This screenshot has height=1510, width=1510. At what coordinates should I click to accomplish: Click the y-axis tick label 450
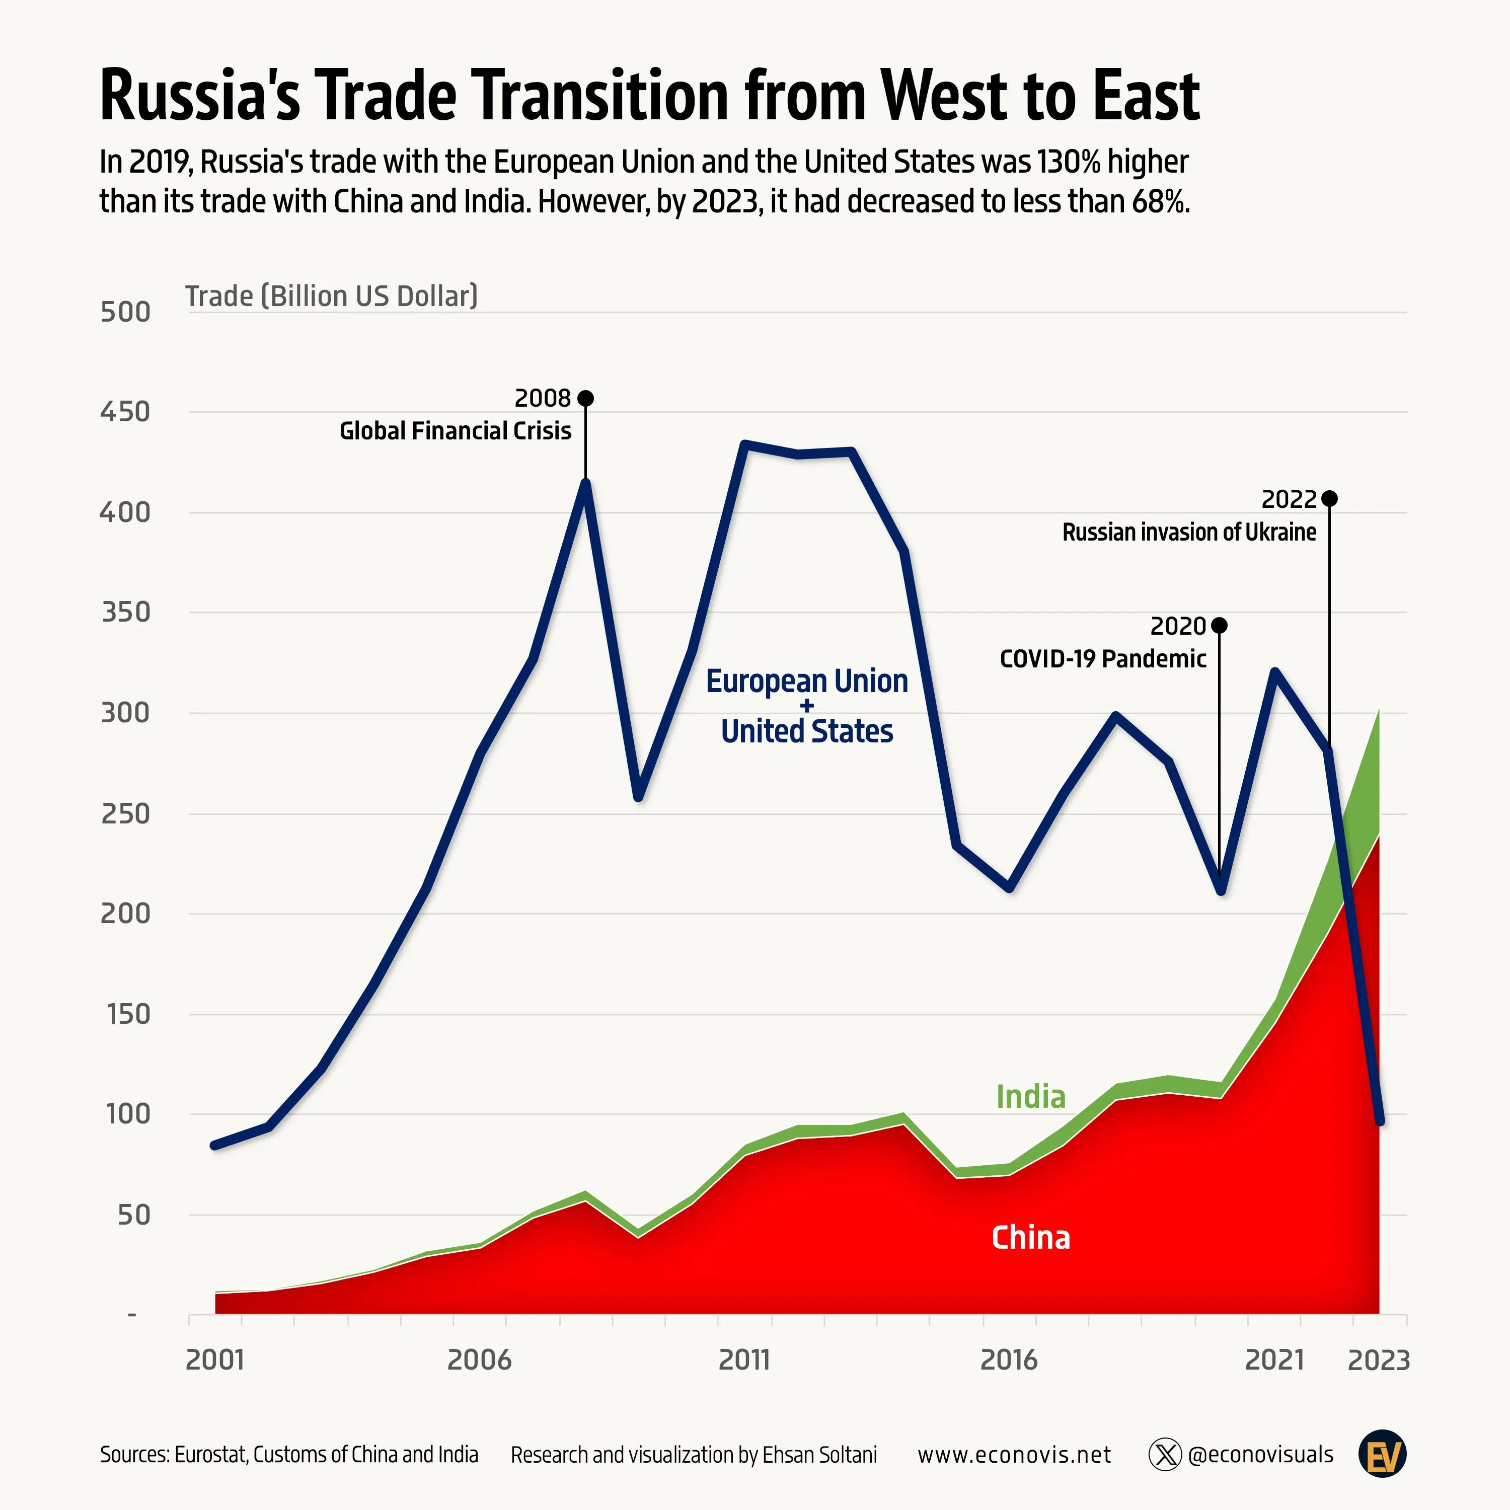tap(125, 412)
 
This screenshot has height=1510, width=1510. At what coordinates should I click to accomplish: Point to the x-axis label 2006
tap(479, 1360)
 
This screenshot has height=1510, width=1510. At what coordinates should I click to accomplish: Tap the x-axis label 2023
tap(1379, 1360)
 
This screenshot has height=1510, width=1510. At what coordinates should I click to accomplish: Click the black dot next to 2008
tap(585, 399)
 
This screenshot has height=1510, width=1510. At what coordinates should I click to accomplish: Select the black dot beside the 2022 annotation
tap(1329, 499)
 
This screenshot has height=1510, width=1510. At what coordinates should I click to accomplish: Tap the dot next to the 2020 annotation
tap(1219, 625)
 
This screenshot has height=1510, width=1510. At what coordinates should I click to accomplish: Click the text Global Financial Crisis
tap(455, 431)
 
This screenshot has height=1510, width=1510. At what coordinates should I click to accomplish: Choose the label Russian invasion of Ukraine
tap(1189, 532)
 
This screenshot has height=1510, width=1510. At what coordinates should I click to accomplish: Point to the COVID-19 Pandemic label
tap(1103, 659)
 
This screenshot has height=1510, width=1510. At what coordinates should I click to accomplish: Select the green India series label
tap(1030, 1097)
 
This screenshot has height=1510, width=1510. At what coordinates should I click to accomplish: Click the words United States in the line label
tap(806, 731)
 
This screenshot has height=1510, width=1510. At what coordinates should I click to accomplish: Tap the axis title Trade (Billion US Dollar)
tap(331, 296)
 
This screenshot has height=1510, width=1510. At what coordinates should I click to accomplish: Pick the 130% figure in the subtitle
tap(1069, 162)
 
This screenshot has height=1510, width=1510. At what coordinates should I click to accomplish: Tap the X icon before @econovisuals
tap(1165, 1455)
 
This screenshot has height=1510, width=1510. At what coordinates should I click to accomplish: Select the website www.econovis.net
tap(1014, 1455)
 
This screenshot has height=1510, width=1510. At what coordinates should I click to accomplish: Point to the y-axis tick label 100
tap(127, 1114)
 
